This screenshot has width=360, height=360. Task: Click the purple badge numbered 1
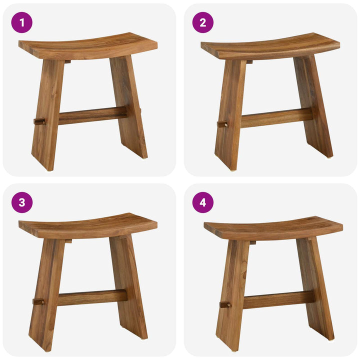[21, 22]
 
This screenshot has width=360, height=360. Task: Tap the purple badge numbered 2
[203, 22]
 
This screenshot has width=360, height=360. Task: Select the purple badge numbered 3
[21, 202]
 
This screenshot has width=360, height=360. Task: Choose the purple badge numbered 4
[203, 202]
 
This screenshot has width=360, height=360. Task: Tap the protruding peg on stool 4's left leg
[224, 304]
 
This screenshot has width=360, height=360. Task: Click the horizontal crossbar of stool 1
[92, 115]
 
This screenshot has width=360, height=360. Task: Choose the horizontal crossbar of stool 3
[92, 297]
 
